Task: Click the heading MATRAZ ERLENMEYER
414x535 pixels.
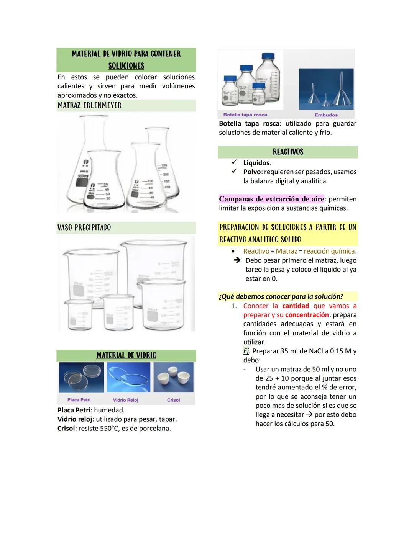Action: point(89,105)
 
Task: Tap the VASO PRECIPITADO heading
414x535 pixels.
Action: point(84,227)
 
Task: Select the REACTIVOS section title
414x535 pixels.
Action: point(288,152)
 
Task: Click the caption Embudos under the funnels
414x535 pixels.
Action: point(326,115)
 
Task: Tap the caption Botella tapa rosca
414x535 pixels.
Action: point(245,115)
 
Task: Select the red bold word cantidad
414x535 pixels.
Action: point(296,306)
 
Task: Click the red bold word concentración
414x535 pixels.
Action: point(307,315)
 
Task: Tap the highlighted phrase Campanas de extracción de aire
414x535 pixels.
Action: point(271,199)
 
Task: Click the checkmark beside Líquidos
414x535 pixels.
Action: point(234,162)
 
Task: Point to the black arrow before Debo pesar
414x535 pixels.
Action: point(237,260)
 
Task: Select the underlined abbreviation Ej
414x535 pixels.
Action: point(246,351)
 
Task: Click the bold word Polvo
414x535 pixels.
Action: point(252,172)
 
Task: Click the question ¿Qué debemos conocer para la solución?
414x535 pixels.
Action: point(281,297)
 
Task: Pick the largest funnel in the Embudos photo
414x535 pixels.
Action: point(340,92)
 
